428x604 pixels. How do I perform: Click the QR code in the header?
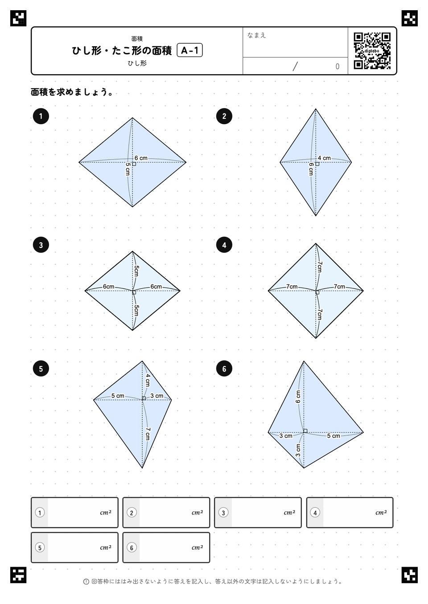tap(372, 51)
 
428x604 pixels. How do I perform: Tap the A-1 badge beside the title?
tap(189, 50)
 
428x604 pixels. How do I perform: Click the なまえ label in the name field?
tap(256, 35)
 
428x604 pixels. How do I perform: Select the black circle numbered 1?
tap(41, 116)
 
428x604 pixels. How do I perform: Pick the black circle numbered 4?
tap(224, 245)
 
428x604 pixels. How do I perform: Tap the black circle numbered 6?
tap(224, 369)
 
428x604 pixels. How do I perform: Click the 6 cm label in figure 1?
tap(141, 158)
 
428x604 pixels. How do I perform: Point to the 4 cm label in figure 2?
tap(324, 158)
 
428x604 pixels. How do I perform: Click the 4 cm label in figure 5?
tap(148, 380)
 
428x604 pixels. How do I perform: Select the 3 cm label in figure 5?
tap(156, 396)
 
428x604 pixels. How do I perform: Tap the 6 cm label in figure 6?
tap(298, 397)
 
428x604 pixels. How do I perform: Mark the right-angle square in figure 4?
tap(317, 292)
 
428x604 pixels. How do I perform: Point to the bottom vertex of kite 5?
tap(142, 468)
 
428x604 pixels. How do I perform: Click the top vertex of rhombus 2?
tap(316, 109)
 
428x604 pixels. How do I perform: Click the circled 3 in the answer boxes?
tap(223, 512)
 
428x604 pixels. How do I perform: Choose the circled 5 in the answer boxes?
tap(40, 547)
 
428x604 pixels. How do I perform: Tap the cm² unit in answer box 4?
tap(381, 512)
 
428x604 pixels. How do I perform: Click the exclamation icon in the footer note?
tap(86, 581)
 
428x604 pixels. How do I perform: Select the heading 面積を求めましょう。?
tap(72, 92)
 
